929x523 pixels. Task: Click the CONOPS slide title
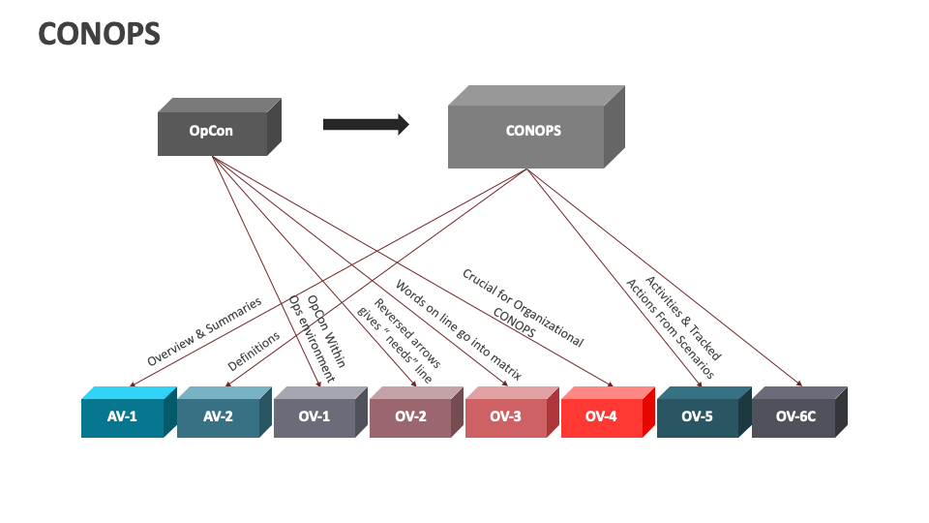99,35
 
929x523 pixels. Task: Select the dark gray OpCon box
211,131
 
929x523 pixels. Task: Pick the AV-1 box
122,417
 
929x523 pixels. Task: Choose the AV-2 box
218,417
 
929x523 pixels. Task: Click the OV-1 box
314,417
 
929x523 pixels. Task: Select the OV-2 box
409,417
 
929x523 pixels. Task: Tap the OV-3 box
505,417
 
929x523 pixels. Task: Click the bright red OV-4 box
601,417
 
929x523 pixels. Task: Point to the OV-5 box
697,417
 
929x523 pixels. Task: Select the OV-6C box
793,417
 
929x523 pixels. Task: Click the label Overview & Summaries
204,331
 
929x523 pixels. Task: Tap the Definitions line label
254,352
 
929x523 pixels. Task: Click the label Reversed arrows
407,335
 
